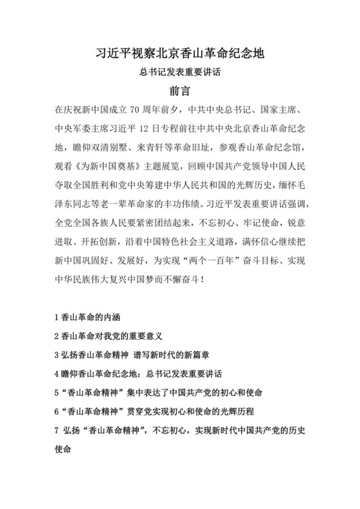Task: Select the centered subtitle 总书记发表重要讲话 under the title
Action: coord(180,73)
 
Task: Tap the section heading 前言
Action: coord(180,91)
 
